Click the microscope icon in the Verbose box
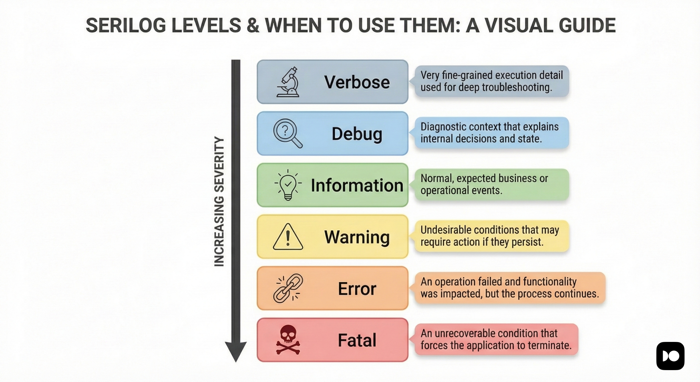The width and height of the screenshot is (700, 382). click(288, 82)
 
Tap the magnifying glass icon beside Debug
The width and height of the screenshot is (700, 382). click(287, 133)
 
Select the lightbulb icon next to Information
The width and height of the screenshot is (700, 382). click(288, 185)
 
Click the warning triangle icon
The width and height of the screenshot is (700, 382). click(288, 237)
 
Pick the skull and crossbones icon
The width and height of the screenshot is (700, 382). click(288, 340)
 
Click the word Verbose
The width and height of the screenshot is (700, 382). click(357, 82)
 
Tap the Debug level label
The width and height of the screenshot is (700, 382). click(357, 134)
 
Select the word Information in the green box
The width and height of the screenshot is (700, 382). click(357, 185)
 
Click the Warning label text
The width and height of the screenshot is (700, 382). click(357, 237)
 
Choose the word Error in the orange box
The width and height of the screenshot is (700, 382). click(357, 289)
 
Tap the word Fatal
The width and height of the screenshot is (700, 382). click(357, 340)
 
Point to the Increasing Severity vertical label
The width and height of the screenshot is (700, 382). click(219, 202)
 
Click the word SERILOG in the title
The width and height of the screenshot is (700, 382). click(126, 25)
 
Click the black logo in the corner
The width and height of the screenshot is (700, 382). click(670, 356)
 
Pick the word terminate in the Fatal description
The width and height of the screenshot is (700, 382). click(549, 346)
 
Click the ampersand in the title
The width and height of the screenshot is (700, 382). click(253, 25)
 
